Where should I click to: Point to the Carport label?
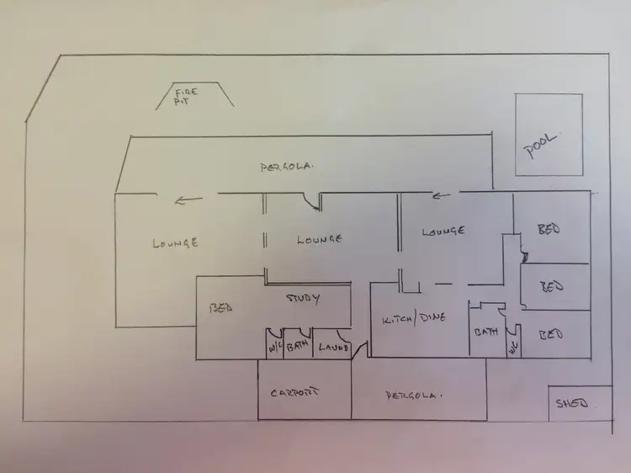[298, 393]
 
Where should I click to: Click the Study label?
[304, 298]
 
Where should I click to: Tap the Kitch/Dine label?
[413, 318]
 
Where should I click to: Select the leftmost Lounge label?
[176, 242]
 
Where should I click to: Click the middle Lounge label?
[320, 239]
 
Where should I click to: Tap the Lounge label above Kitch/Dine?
[443, 230]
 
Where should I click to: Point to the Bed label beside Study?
[220, 307]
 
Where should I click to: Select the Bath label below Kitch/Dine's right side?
[485, 332]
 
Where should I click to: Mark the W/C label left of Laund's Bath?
[273, 347]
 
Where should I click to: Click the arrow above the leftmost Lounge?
[189, 200]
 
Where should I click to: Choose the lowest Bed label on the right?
[550, 333]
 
